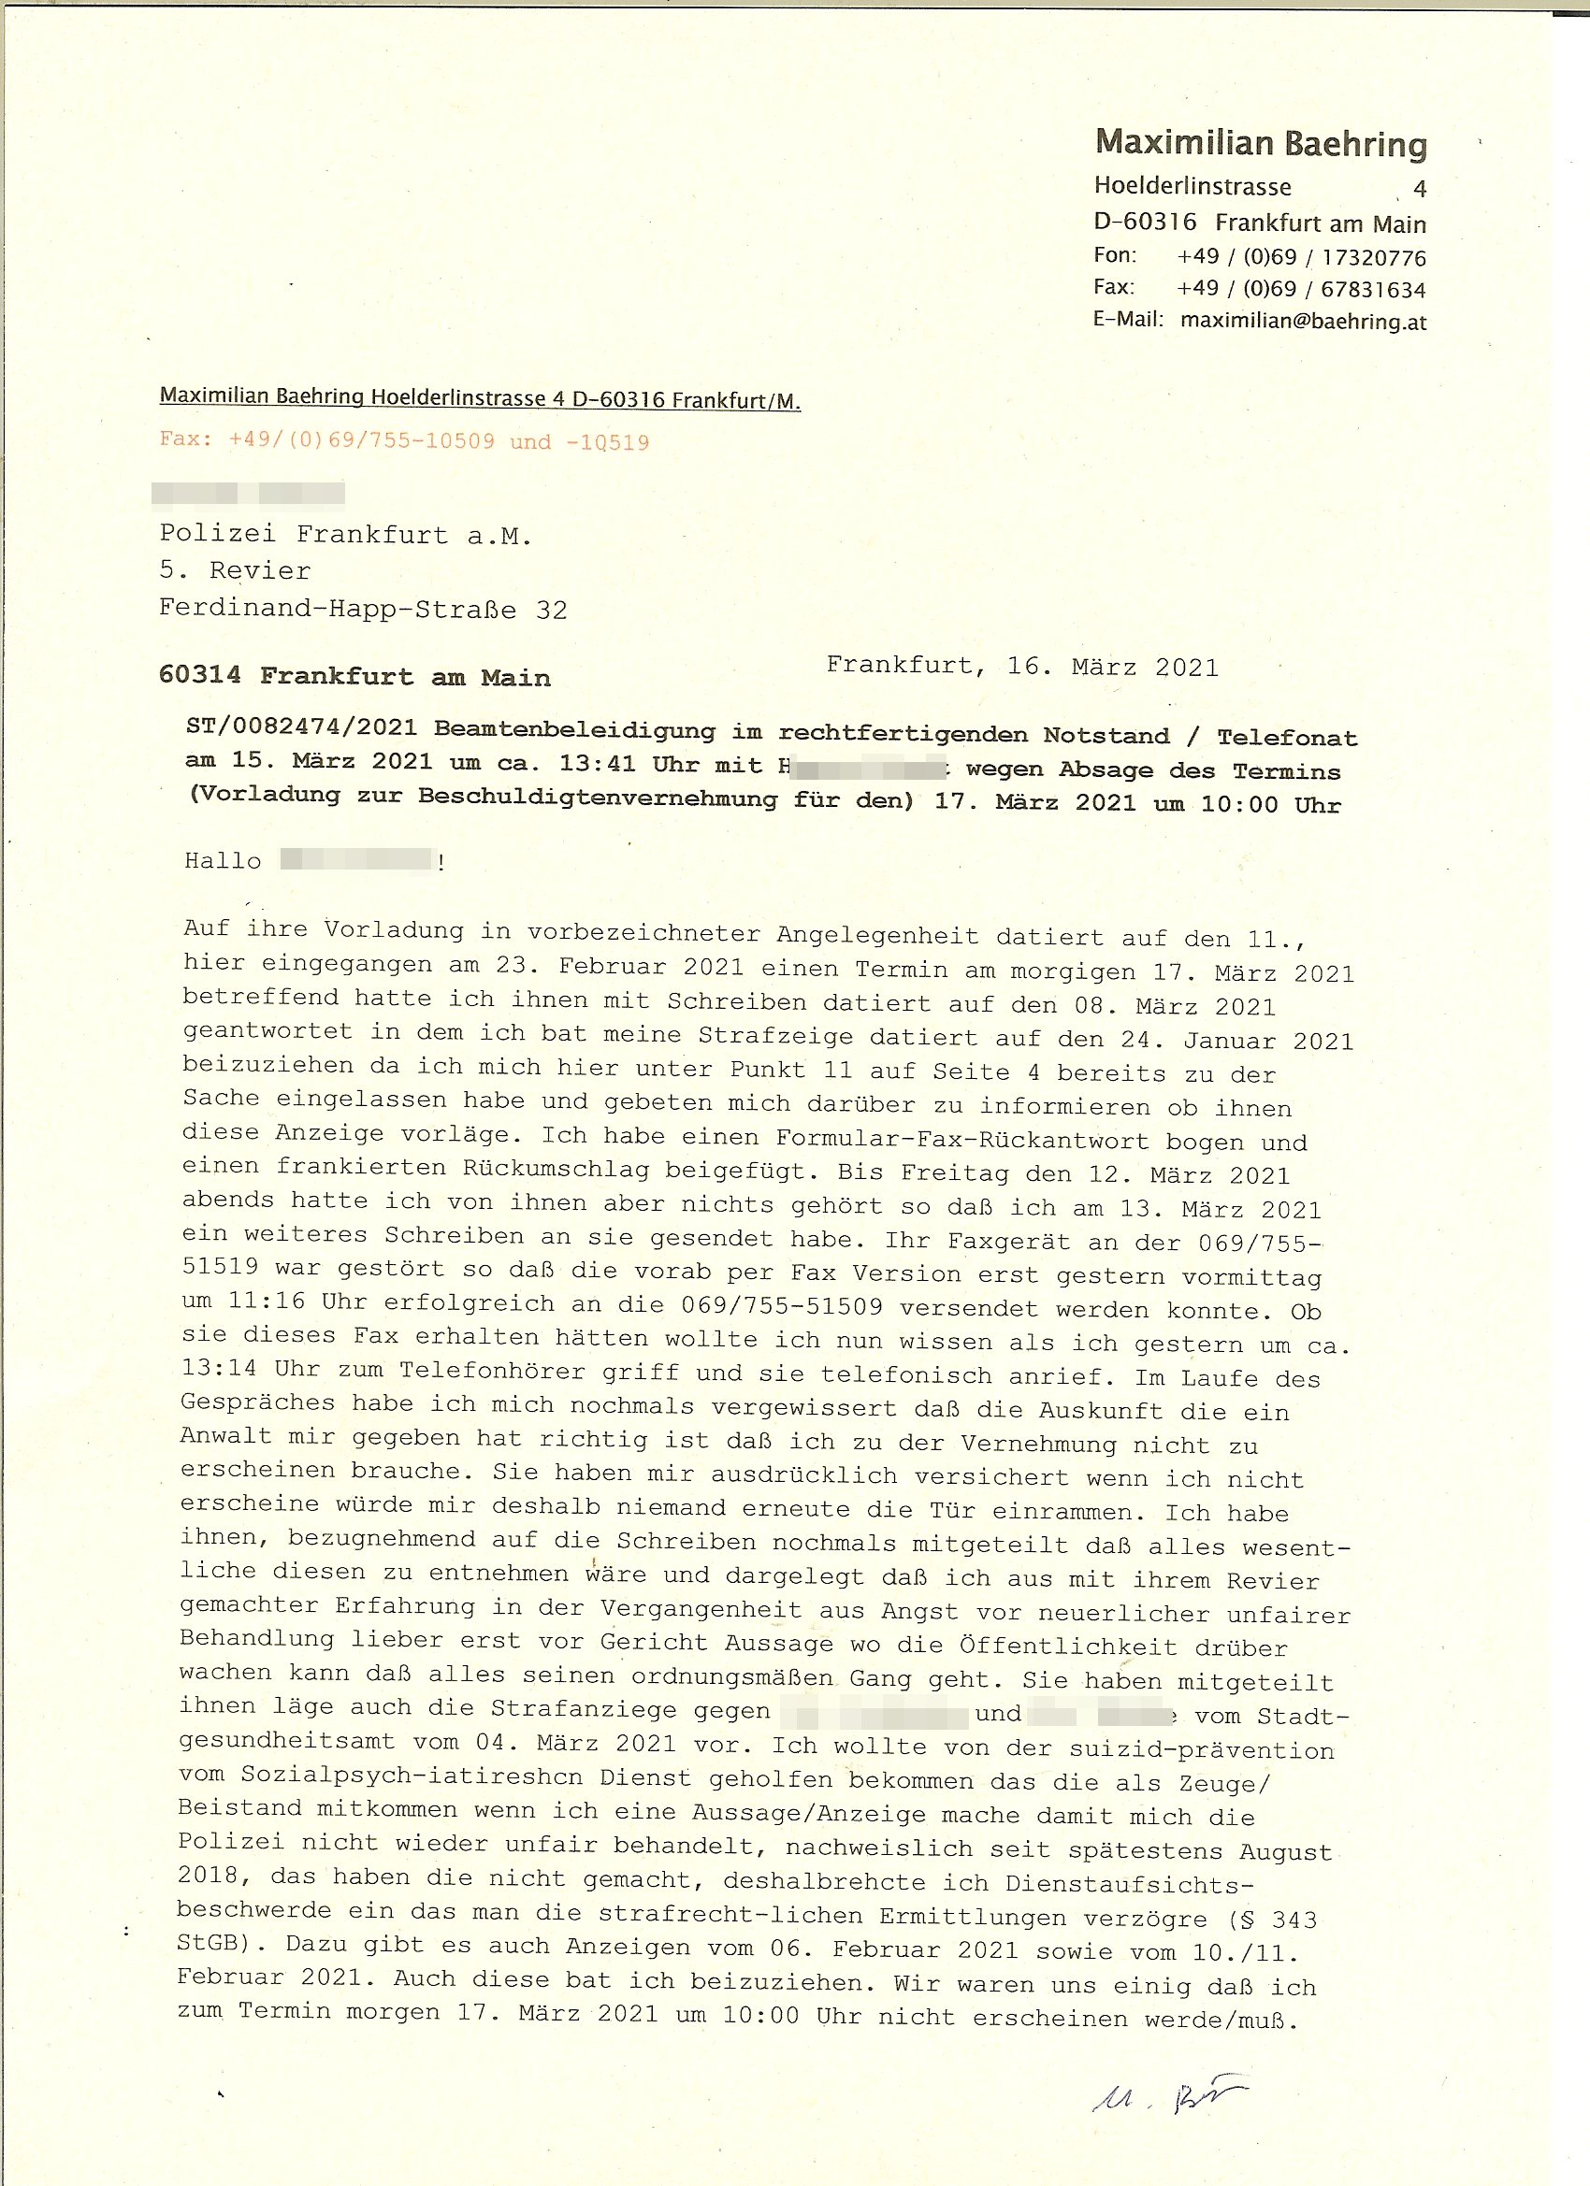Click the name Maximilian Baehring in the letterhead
point(1260,144)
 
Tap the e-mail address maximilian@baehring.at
point(1303,321)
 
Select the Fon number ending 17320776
point(1301,257)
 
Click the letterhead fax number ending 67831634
point(1301,289)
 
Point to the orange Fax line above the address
point(404,441)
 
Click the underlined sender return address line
point(479,398)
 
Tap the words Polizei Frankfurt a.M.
point(345,535)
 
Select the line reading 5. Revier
point(235,570)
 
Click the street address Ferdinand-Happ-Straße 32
point(363,610)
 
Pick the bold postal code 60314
point(199,675)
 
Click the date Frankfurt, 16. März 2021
point(1022,666)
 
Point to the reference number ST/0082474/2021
point(302,727)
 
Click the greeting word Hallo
point(223,861)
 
